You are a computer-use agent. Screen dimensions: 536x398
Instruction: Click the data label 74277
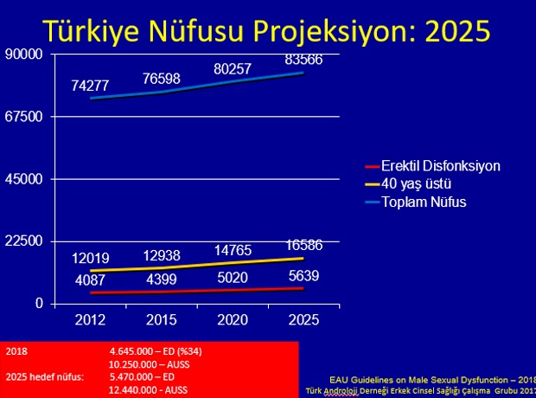pyautogui.click(x=90, y=86)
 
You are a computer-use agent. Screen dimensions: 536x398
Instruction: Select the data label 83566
pyautogui.click(x=303, y=60)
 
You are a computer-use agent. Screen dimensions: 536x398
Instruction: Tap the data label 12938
pyautogui.click(x=162, y=255)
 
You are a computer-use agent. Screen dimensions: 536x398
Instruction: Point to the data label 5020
pyautogui.click(x=233, y=277)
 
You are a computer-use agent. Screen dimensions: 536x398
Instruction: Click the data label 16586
pyautogui.click(x=304, y=246)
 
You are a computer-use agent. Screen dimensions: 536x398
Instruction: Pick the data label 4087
pyautogui.click(x=90, y=280)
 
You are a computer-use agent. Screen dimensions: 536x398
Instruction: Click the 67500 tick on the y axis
pyautogui.click(x=23, y=117)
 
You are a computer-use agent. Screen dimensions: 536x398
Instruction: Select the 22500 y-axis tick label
pyautogui.click(x=23, y=241)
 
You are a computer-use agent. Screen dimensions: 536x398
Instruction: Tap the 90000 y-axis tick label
pyautogui.click(x=23, y=54)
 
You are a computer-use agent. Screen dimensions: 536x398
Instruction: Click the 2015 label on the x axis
pyautogui.click(x=162, y=320)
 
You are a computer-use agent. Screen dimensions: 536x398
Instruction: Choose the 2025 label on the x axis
pyautogui.click(x=303, y=320)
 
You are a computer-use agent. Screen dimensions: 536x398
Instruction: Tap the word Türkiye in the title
pyautogui.click(x=92, y=31)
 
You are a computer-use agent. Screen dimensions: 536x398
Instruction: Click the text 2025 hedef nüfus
pyautogui.click(x=45, y=377)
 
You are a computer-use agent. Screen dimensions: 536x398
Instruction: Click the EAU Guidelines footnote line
pyautogui.click(x=432, y=380)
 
